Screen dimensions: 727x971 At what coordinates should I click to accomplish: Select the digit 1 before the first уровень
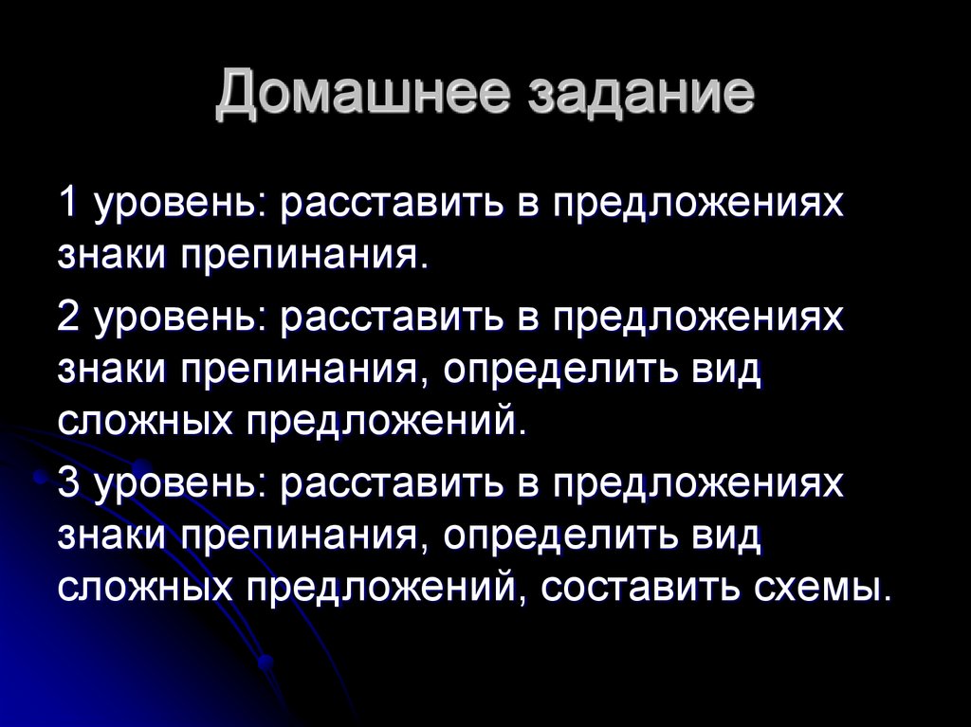pos(67,204)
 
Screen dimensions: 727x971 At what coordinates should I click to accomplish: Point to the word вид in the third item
pos(723,535)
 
